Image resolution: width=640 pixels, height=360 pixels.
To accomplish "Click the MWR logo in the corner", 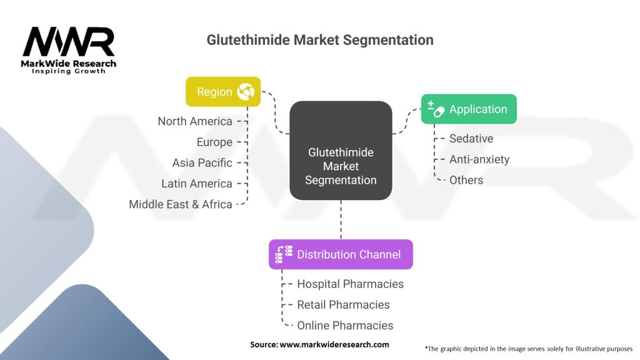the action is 69,50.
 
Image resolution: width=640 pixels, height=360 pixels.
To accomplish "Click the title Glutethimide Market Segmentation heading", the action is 320,40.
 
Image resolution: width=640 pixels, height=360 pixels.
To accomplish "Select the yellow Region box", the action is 223,92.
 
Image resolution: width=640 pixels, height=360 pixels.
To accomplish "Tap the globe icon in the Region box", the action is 246,92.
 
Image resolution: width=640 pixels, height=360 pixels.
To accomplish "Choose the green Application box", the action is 469,109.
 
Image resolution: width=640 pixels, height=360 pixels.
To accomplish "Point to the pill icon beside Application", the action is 436,109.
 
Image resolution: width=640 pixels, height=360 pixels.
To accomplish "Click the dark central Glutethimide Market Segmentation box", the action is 341,151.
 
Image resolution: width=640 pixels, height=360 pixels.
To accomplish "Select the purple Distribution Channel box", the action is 341,254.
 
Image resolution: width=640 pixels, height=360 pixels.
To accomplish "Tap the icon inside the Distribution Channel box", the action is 284,254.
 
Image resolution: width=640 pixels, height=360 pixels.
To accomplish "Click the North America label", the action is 195,121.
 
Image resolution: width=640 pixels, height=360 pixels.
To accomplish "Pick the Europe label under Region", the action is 215,142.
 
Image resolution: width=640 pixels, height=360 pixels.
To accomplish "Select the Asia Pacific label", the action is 202,163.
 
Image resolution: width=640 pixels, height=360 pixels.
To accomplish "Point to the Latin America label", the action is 197,184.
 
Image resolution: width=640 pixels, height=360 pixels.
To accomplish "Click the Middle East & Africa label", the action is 181,204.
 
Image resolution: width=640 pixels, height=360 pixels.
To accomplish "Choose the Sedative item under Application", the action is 471,139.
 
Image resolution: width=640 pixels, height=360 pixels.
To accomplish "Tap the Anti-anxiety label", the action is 479,159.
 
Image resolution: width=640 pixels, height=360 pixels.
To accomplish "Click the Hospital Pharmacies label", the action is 350,284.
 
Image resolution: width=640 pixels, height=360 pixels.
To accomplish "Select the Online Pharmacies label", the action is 345,325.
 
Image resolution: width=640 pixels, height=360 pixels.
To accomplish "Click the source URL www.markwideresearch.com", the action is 334,344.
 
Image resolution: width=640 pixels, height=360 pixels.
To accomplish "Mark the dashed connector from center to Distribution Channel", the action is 341,220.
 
